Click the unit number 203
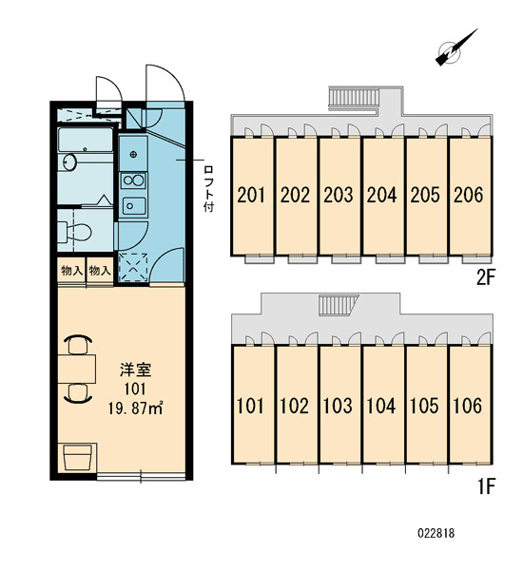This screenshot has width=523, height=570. coord(339,195)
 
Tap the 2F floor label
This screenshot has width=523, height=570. coord(486,278)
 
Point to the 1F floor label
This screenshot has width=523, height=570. coord(486,486)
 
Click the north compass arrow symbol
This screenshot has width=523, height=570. coord(455,48)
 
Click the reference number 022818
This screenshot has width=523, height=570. coord(436,533)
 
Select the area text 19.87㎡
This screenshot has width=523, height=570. coord(135,408)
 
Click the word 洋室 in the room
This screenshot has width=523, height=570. coord(135,370)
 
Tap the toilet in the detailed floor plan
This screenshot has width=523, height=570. coord(74,231)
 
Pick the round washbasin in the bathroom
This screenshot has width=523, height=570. coord(69,162)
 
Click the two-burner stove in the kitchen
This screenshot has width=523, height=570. coord(133,180)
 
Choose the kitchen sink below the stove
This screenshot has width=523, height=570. coord(134,206)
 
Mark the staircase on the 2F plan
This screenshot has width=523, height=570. coord(354,98)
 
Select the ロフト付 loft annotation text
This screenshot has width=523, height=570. coord(208,189)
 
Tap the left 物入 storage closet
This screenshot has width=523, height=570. coord(71,271)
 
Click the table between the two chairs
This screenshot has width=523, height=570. coord(77,370)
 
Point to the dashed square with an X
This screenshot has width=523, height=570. coord(133,268)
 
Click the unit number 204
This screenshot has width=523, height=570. coord(381,195)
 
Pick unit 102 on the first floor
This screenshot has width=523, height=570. coord(294,406)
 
